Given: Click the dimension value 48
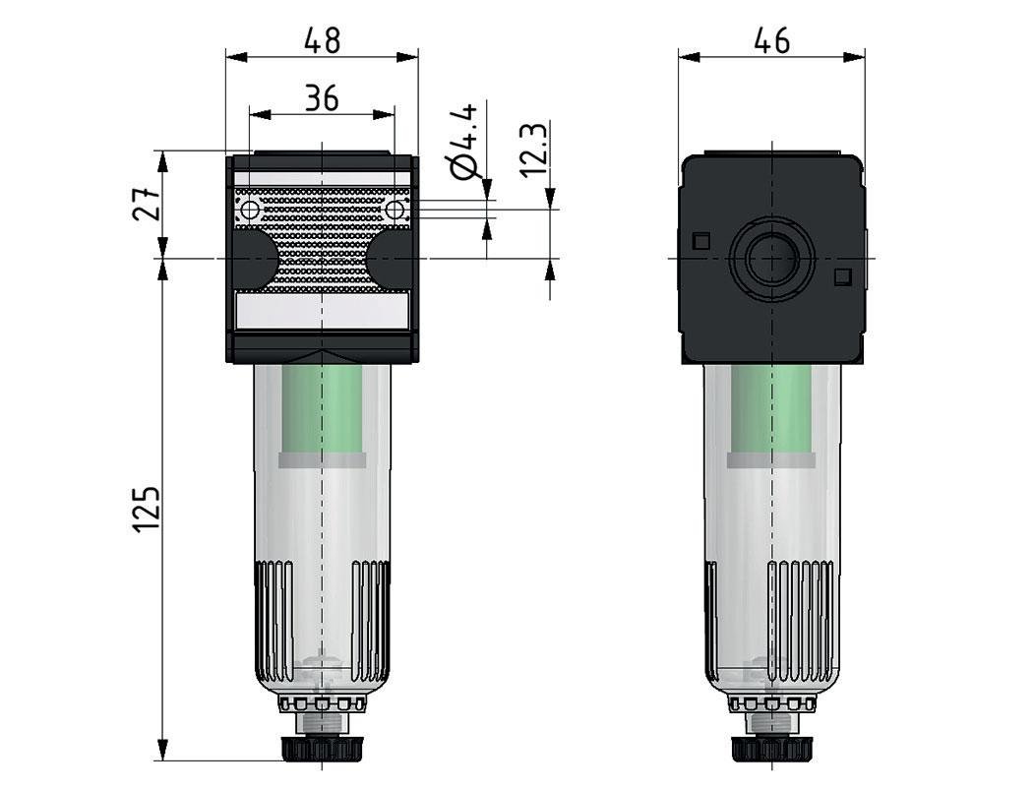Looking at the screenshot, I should (322, 40).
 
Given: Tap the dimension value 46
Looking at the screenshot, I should (771, 40).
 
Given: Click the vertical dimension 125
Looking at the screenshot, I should (146, 510).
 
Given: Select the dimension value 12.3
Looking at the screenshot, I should (532, 149).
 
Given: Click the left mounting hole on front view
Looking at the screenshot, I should (249, 210).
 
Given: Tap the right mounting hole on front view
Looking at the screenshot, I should (395, 210).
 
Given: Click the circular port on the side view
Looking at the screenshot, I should (772, 259).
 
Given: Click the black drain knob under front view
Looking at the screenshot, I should (322, 749).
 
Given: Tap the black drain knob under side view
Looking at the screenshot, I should (772, 749).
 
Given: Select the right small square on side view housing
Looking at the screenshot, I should (841, 277).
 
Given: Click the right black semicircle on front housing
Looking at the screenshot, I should (392, 259).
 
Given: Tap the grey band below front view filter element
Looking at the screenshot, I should (322, 459).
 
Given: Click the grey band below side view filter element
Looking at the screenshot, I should (772, 459).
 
